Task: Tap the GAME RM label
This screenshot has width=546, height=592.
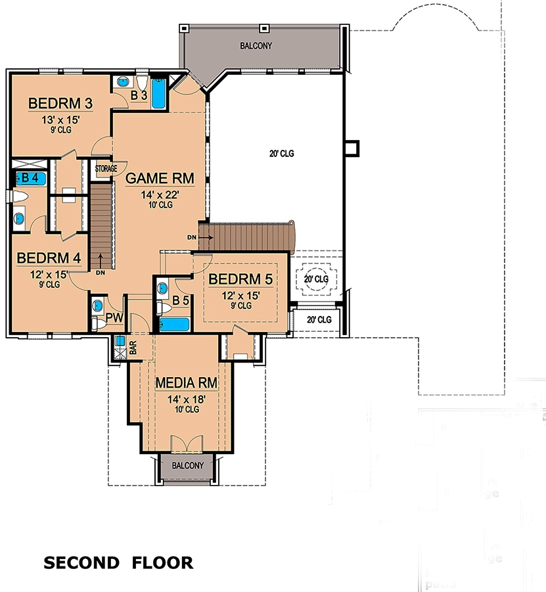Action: pyautogui.click(x=158, y=178)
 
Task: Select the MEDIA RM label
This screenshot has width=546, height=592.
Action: pyautogui.click(x=186, y=382)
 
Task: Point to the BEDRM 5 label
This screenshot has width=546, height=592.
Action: pyautogui.click(x=240, y=279)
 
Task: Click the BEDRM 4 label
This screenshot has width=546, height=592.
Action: pyautogui.click(x=49, y=258)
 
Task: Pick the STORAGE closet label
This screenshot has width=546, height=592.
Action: pyautogui.click(x=105, y=169)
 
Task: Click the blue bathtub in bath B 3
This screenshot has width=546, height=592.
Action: pyautogui.click(x=159, y=93)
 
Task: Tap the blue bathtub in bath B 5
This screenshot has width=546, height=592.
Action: pyautogui.click(x=175, y=324)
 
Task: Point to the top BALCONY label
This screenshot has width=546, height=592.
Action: pyautogui.click(x=255, y=46)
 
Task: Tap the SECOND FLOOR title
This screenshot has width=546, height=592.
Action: pyautogui.click(x=118, y=562)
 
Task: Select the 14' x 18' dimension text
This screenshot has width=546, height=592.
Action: pyautogui.click(x=186, y=398)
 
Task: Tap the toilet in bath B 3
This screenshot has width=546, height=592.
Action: pyautogui.click(x=142, y=83)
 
